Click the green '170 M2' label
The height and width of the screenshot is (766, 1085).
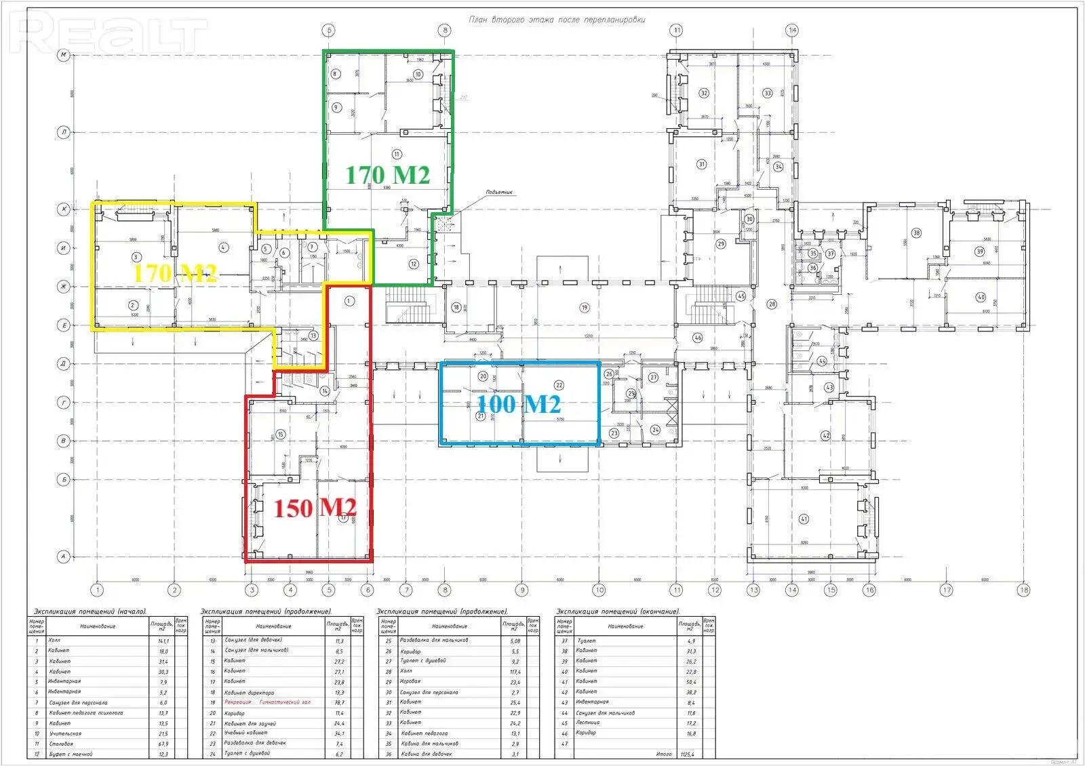click(388, 175)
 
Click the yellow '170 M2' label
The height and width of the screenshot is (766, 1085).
click(175, 274)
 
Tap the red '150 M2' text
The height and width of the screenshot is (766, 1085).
click(315, 508)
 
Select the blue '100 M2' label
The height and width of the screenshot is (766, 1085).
click(519, 405)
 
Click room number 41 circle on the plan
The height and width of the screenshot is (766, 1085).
click(804, 519)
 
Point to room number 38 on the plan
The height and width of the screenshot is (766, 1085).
click(916, 233)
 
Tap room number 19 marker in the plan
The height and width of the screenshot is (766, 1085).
click(584, 307)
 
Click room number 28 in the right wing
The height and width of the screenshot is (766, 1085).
click(772, 304)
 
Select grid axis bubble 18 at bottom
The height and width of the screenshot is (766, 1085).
click(1023, 590)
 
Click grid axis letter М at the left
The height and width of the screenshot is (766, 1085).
click(64, 55)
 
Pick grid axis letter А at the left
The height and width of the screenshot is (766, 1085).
click(64, 557)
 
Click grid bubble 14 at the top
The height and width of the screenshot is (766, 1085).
click(792, 30)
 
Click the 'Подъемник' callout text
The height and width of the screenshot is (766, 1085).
click(500, 193)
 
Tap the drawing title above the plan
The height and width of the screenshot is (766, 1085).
click(557, 20)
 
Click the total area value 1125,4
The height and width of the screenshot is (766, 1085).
click(689, 754)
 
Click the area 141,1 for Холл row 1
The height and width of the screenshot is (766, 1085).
click(162, 640)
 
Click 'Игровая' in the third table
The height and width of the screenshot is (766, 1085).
click(410, 681)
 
